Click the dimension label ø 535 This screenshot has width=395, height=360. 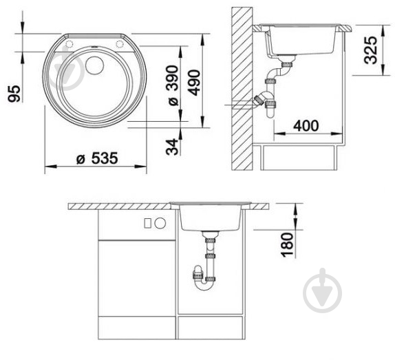point(97,158)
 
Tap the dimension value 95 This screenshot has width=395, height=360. point(14,94)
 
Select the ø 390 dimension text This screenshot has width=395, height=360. point(173,85)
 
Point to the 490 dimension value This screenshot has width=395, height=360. point(195,83)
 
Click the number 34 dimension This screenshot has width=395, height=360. point(172,147)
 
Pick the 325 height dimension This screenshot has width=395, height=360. point(371,50)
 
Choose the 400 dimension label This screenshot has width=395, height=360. point(306,126)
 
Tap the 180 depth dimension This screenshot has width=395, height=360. point(288,245)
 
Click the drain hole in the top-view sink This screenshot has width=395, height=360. point(94,65)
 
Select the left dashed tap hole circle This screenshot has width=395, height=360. point(69,44)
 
